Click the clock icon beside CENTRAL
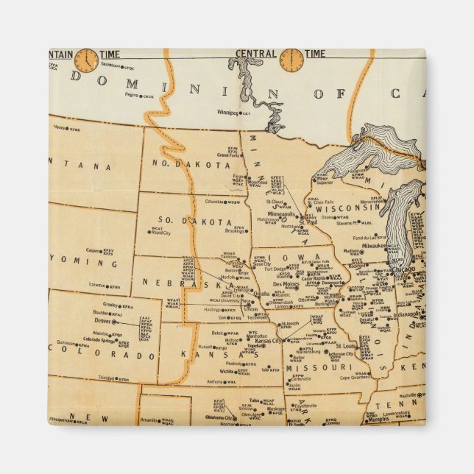[291, 60]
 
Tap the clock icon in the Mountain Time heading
[86, 60]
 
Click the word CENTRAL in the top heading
[255, 54]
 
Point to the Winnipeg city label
[227, 113]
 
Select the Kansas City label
[267, 341]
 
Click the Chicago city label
[403, 269]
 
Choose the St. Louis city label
[347, 345]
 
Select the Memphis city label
[380, 419]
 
